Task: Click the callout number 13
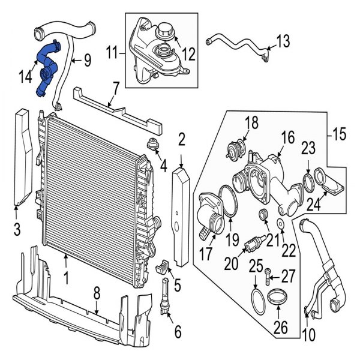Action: [x=283, y=41]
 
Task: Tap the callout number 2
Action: [x=181, y=141]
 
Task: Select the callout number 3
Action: [x=16, y=229]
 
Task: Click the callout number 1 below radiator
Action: [x=65, y=279]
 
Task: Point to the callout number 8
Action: [x=96, y=294]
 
